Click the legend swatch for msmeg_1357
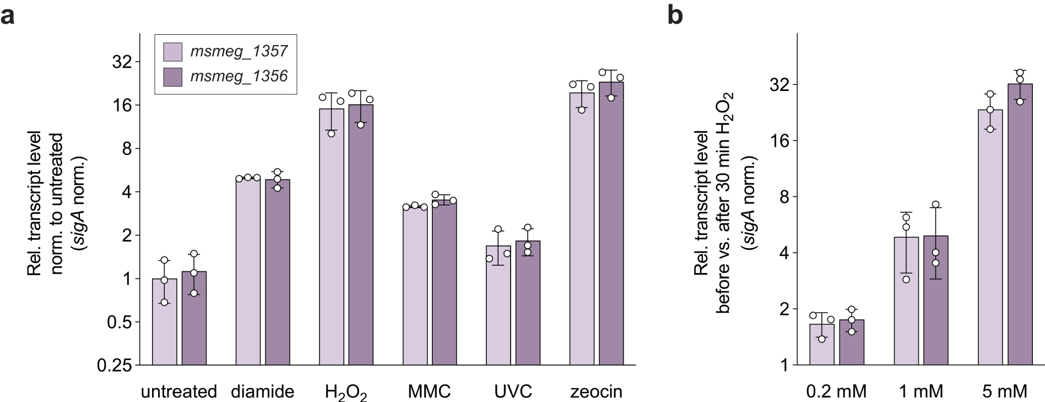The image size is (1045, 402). tap(173, 51)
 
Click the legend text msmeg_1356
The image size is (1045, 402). tap(239, 76)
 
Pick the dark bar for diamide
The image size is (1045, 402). tap(278, 272)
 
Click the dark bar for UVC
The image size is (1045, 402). tap(528, 303)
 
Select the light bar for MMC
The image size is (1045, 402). tap(415, 286)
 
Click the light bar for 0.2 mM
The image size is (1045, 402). tap(822, 344)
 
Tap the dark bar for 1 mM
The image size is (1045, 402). tap(936, 300)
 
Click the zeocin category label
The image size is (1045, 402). tap(596, 392)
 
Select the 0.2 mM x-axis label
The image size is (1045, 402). tap(836, 392)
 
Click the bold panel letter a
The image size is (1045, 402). tap(8, 17)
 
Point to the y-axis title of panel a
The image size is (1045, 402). tap(57, 204)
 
